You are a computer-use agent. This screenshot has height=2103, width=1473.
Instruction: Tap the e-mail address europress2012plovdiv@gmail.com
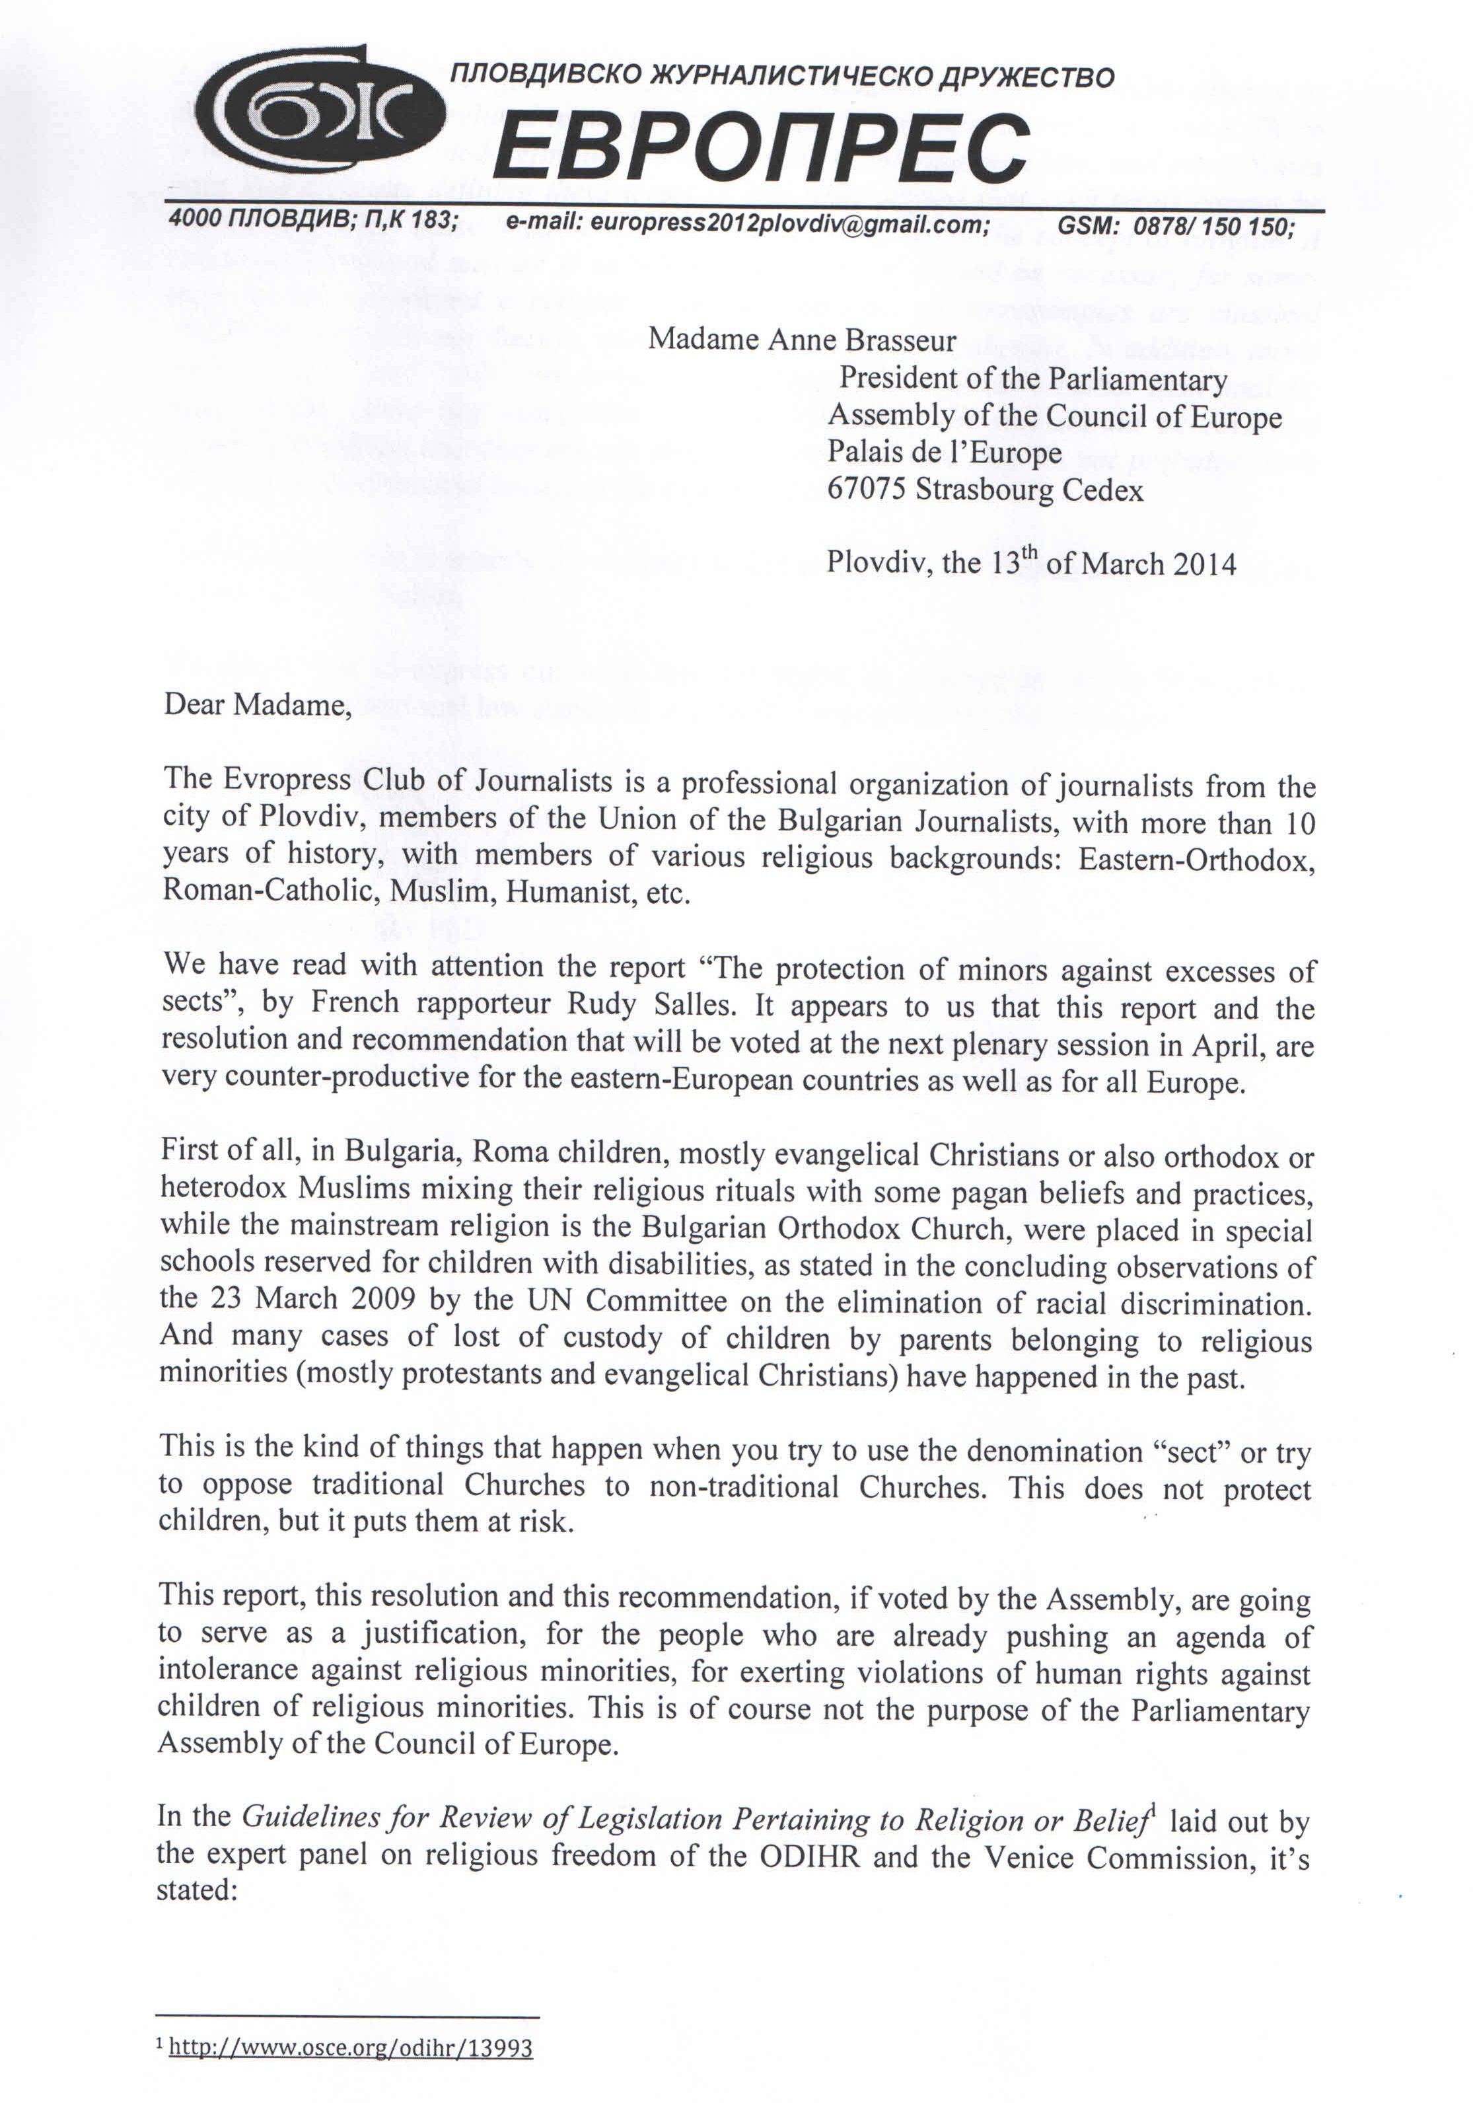(747, 223)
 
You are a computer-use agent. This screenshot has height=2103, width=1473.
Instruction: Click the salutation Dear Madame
(257, 704)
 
